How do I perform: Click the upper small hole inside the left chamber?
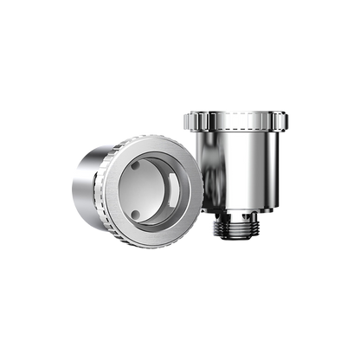click(136, 164)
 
